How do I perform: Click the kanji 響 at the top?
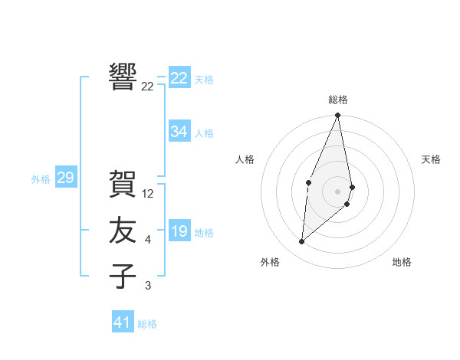(123, 77)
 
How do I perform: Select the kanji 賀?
(123, 184)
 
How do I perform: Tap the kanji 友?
(123, 231)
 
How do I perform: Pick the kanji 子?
(123, 276)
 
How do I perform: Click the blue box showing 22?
(179, 78)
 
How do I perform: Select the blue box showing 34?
(179, 132)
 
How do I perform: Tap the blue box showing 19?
(179, 231)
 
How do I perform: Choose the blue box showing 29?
(65, 178)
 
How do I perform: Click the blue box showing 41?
(123, 322)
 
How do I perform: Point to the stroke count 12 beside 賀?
(148, 194)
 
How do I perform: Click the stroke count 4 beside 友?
(147, 241)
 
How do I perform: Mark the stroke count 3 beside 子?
(147, 286)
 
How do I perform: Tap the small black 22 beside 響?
(148, 87)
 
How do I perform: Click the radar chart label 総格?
(337, 100)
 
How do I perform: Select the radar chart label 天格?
(432, 159)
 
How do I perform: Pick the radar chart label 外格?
(270, 262)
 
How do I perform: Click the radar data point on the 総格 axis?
(337, 116)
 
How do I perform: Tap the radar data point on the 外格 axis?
(302, 242)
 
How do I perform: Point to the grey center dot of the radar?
(337, 191)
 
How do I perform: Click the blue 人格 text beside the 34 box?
(204, 133)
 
